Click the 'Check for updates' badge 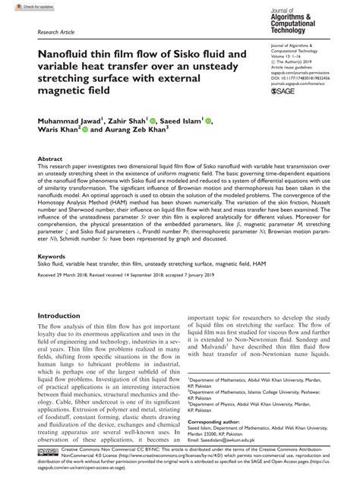click(x=21, y=6)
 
